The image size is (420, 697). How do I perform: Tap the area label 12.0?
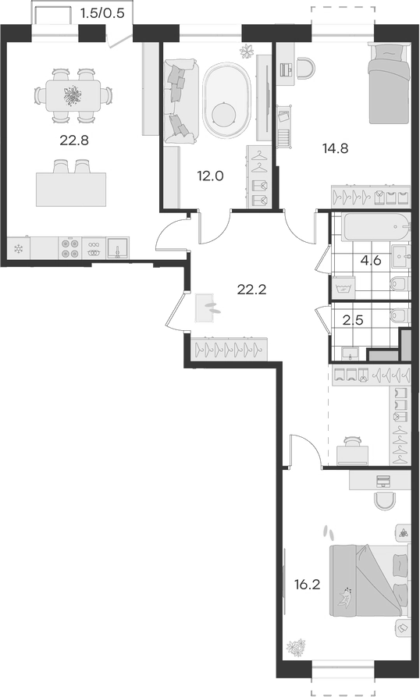coord(211,176)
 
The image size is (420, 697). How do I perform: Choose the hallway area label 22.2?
coord(252,290)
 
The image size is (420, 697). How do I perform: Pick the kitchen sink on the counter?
coord(119,248)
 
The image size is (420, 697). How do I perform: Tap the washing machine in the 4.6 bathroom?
coord(342,288)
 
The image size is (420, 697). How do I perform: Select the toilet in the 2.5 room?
coord(397,315)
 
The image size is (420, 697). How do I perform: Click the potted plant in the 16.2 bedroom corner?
coord(296,647)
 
